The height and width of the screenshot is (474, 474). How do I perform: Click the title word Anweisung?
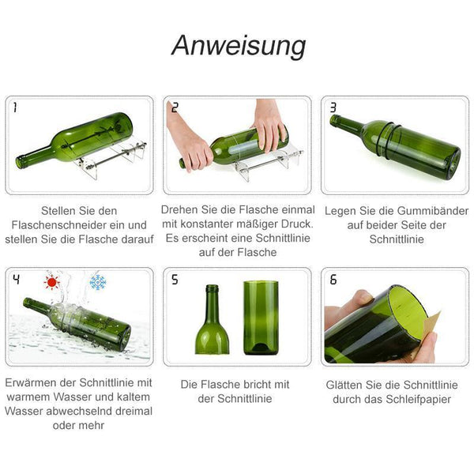239,47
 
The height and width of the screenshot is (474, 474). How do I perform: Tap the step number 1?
15,107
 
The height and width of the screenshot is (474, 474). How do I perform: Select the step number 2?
175,107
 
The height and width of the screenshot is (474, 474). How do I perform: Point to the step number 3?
333,107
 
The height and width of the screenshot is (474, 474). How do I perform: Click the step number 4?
17,280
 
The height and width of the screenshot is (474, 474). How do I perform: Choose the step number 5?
175,280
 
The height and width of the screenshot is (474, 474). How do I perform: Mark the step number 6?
333,280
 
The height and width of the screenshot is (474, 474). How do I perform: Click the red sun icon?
51,282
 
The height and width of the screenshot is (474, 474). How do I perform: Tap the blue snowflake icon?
98,282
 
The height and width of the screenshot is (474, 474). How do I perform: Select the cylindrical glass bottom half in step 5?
261,318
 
